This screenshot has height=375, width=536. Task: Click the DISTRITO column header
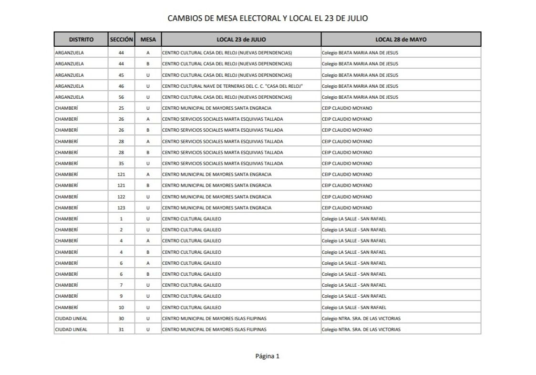coord(81,39)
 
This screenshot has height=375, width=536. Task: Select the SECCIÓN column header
coord(121,39)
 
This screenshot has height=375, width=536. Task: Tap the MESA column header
coord(148,39)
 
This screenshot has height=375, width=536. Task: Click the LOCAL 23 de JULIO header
coord(241,39)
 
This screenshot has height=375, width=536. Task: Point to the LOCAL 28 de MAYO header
coord(401,39)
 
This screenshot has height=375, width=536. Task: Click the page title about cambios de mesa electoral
coord(268,18)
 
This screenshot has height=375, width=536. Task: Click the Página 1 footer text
coord(267,356)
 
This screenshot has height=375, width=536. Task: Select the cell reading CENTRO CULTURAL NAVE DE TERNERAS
coord(233,86)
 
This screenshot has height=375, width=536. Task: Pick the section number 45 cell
coord(121,75)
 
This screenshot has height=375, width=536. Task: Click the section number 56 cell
coord(121,97)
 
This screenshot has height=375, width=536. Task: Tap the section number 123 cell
coord(121,208)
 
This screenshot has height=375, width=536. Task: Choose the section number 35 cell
coord(121,163)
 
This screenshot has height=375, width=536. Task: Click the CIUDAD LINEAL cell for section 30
coord(72,318)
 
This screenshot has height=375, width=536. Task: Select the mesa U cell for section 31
coord(148,329)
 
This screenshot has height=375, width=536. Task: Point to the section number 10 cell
coord(121,307)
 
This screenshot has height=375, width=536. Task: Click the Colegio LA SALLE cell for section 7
coord(354,285)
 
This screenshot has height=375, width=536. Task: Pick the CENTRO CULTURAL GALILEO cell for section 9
coord(192,296)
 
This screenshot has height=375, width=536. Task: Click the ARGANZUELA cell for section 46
coord(70,86)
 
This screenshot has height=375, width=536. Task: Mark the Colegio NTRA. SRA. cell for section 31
coord(361,329)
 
